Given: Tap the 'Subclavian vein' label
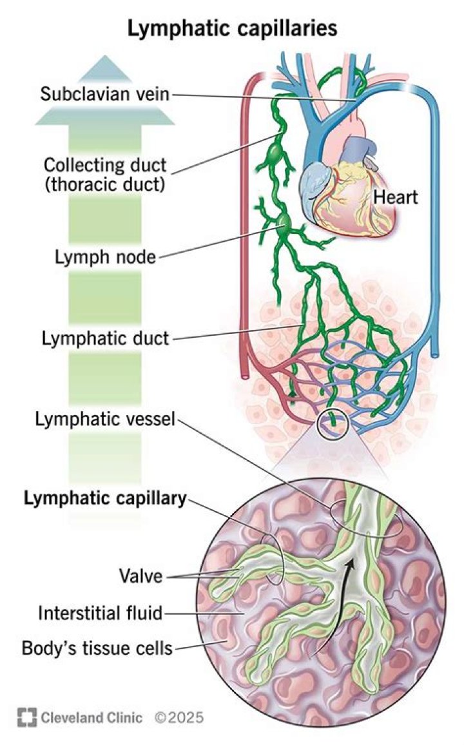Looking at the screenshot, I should point(104,94).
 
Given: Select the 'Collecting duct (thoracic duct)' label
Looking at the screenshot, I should point(105,173).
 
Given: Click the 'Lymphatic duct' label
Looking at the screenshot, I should point(104,338).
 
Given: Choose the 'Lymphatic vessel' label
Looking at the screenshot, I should point(104,420).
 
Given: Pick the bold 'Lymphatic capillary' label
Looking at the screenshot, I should point(105,498).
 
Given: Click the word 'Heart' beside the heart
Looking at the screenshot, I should point(396,197).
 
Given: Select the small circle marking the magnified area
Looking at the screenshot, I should point(333,422).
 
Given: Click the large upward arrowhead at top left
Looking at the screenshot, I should point(104,90).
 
